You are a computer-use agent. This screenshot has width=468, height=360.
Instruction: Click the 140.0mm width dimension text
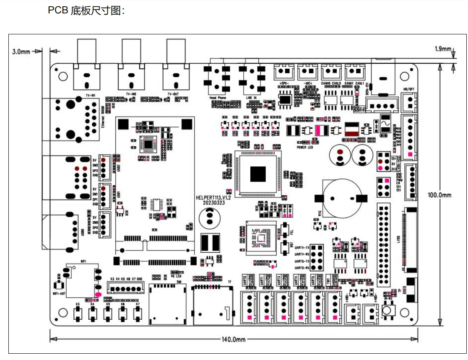coord(234,339)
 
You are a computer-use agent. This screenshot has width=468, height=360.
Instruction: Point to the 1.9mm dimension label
coord(442,49)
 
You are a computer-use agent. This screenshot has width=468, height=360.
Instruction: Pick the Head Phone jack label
coord(218,97)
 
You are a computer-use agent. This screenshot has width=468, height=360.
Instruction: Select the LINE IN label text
coord(251,97)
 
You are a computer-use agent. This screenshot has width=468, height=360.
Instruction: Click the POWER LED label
coord(305,148)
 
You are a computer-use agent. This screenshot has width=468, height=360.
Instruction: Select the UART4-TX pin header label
coord(302,248)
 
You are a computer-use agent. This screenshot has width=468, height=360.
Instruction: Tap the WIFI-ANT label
coord(59,294)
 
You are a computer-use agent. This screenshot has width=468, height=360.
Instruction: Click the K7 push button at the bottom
coord(138,314)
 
